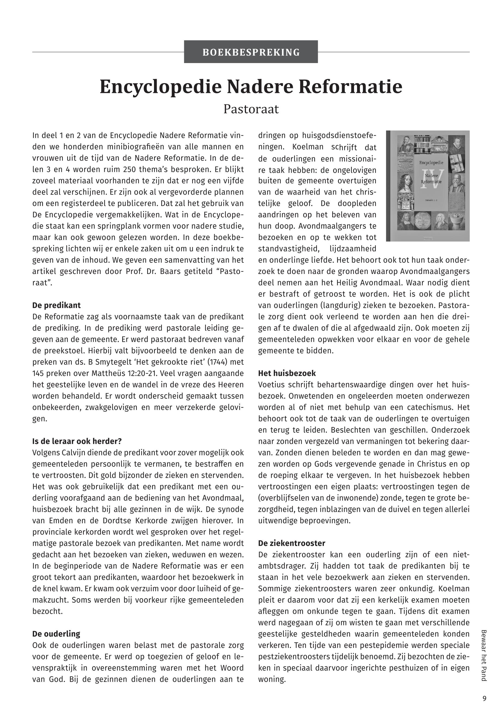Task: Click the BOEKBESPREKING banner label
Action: pos(251,52)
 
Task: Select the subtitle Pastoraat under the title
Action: pos(251,109)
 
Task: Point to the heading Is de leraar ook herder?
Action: pos(77,441)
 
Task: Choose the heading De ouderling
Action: pos(56,634)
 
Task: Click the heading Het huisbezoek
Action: pos(287,373)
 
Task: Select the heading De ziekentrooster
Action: pos(292,543)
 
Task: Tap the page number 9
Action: pos(484,698)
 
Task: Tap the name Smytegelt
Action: pos(111,362)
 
